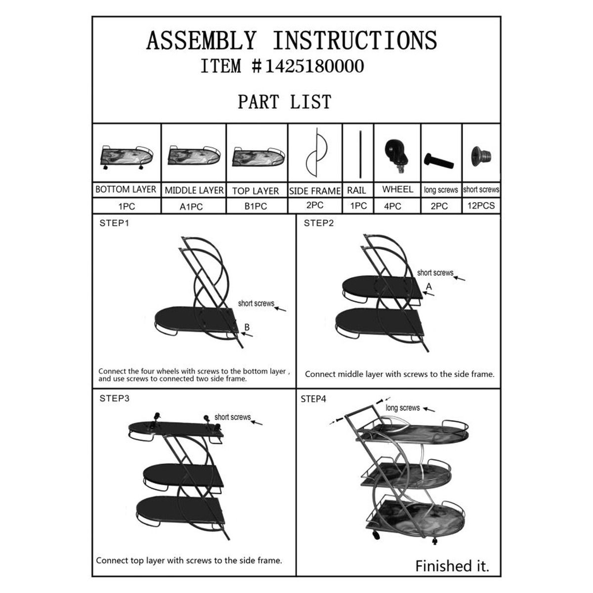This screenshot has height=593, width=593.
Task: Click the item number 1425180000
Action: (314, 66)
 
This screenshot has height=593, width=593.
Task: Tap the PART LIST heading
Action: (284, 102)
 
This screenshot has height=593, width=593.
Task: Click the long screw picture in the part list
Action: (438, 161)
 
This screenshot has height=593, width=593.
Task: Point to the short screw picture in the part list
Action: (481, 157)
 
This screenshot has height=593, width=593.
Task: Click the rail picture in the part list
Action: (360, 154)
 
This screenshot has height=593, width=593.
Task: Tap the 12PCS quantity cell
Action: (481, 206)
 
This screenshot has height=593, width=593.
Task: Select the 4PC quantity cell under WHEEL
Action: (397, 206)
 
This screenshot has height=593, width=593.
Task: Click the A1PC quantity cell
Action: (194, 206)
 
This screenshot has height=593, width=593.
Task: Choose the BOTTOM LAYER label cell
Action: (126, 189)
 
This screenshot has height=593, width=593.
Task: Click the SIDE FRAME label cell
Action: (315, 191)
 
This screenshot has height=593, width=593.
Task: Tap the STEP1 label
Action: (114, 223)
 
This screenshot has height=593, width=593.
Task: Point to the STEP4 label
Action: (313, 399)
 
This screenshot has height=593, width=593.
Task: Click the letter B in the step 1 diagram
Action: (247, 327)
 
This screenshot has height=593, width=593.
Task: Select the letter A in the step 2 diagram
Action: (428, 287)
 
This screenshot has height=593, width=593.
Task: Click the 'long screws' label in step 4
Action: (403, 408)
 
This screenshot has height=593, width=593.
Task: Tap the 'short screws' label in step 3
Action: (233, 417)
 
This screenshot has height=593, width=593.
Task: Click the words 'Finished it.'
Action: (452, 566)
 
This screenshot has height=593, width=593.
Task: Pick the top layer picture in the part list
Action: (258, 157)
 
